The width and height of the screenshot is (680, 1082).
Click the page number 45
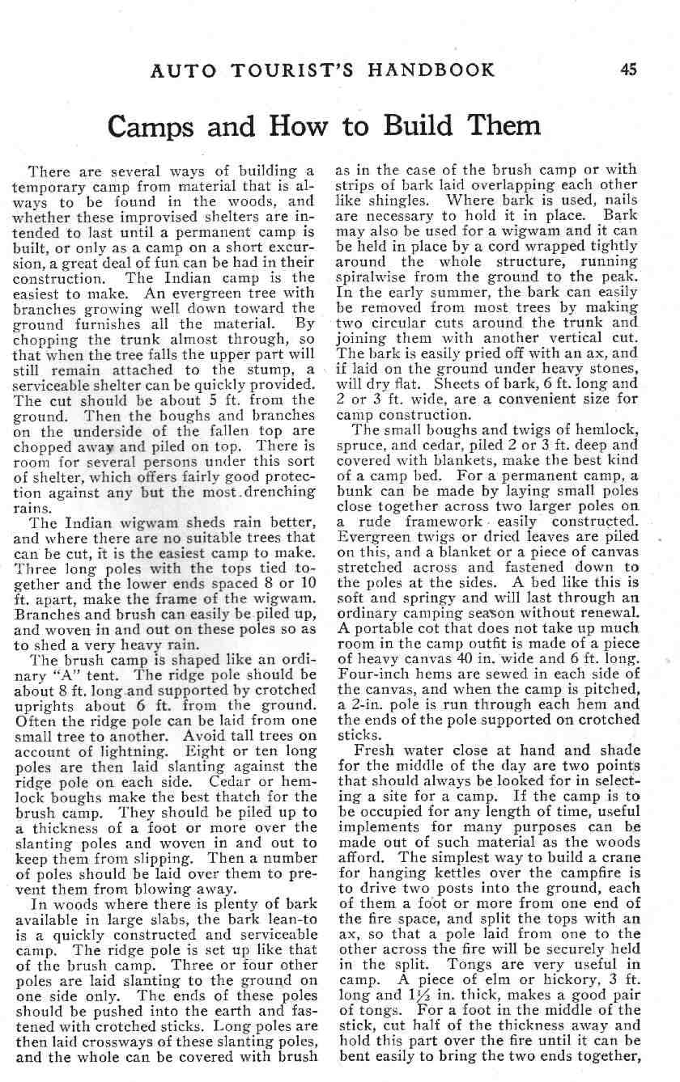628,70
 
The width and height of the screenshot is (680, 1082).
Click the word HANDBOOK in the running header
431,70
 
